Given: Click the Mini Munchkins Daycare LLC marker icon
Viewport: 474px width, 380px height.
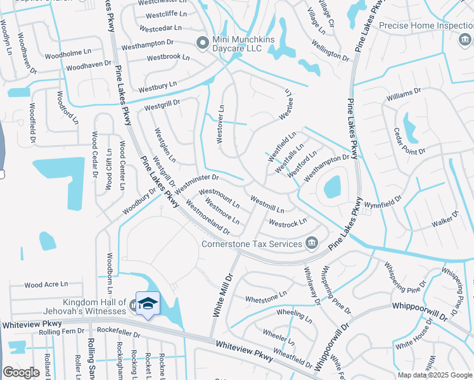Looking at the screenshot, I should point(203,42).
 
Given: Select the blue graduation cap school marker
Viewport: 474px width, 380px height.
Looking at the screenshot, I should point(148,304).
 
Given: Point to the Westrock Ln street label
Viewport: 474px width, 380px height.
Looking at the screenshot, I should point(288,223).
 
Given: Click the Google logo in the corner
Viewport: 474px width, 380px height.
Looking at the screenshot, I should point(21,372).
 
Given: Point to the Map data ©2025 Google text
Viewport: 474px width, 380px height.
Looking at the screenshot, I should point(434,375).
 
